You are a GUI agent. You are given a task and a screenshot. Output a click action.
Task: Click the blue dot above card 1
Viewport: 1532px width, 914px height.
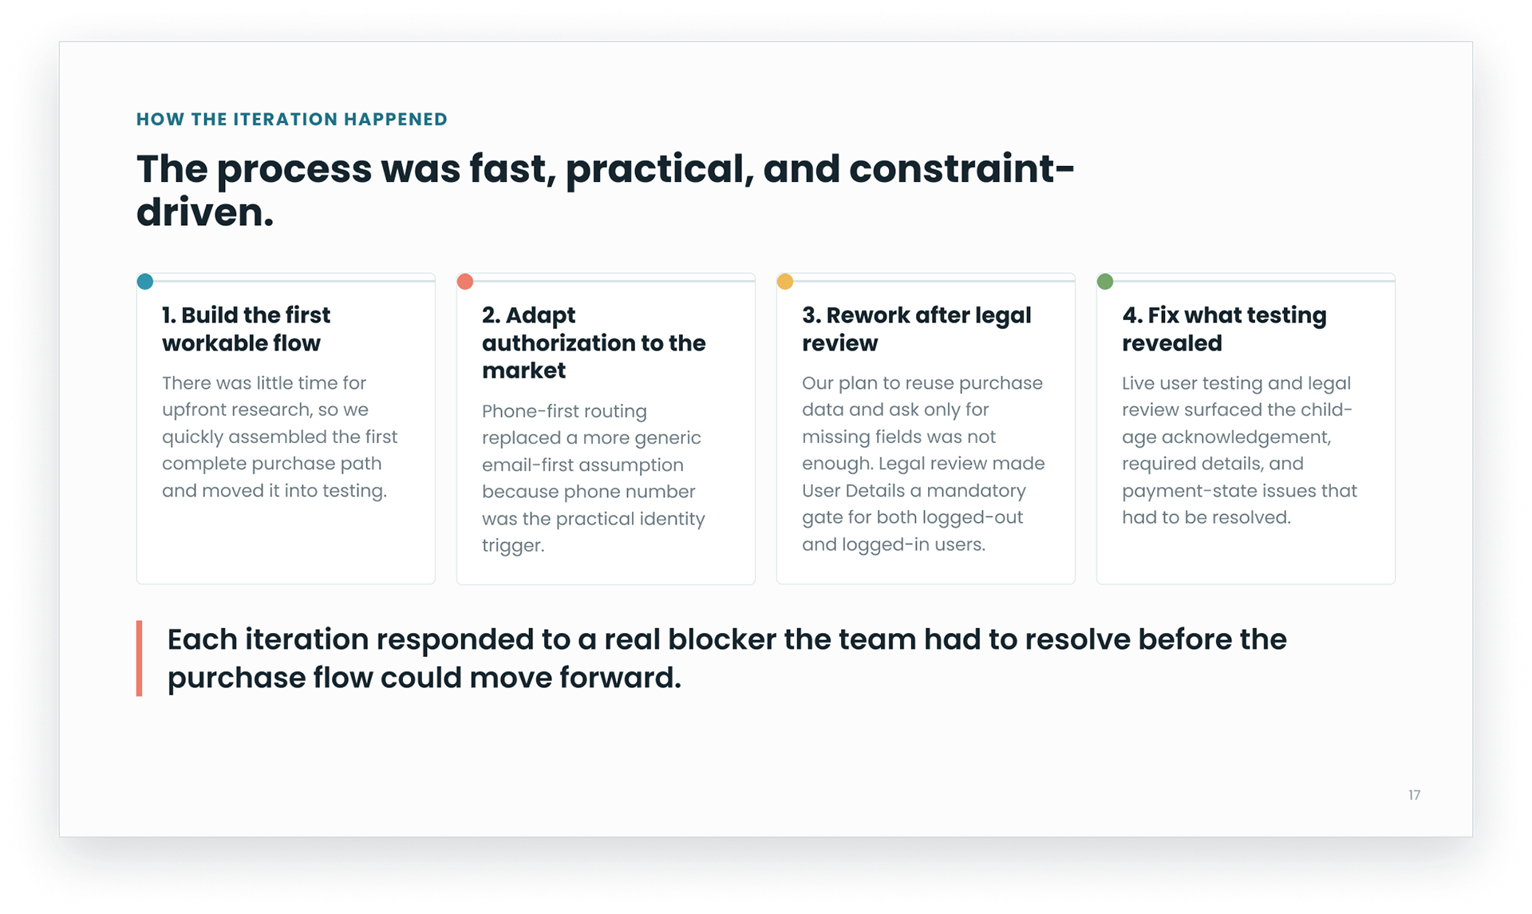[145, 281]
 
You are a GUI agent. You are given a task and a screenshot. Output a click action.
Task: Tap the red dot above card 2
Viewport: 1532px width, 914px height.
[465, 281]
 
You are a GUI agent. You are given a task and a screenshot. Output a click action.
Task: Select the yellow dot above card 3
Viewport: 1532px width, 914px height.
[785, 281]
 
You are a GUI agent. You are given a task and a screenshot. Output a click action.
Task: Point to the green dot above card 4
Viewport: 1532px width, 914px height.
[1105, 281]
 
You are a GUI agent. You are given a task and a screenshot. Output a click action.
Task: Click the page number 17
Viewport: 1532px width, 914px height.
[1414, 795]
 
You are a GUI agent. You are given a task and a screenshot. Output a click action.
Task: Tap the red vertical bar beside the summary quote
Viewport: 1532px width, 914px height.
[140, 659]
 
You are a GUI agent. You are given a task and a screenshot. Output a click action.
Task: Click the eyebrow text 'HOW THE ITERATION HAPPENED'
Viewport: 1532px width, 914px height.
[292, 119]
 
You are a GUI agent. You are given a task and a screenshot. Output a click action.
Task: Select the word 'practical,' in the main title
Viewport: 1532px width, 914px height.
[659, 170]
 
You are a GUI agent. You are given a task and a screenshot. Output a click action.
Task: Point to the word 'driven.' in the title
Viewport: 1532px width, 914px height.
[205, 212]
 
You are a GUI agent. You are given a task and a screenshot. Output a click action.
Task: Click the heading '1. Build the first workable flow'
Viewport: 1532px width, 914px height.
[246, 329]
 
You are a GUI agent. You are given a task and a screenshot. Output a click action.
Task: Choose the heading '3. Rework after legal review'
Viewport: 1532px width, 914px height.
[917, 329]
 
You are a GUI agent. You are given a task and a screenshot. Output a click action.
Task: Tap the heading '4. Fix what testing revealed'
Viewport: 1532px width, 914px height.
[1224, 329]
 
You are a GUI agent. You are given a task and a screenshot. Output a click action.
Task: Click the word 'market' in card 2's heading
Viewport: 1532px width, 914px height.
[524, 370]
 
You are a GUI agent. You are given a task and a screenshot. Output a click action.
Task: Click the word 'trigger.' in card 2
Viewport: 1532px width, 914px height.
[513, 546]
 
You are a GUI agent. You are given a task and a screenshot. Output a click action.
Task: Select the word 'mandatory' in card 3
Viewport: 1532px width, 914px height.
[976, 491]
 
